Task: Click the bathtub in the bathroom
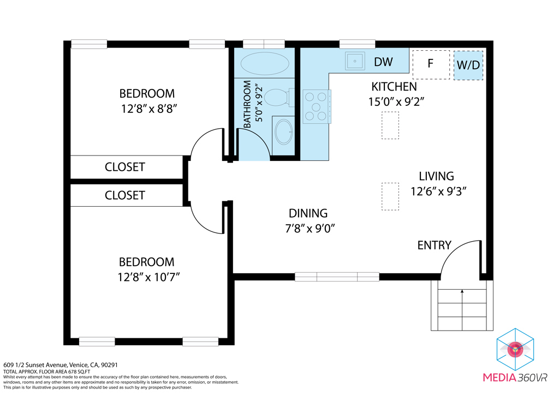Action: coord(265,64)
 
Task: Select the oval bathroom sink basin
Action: coord(284,132)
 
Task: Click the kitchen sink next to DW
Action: coord(355,61)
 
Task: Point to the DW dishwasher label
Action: coord(383,62)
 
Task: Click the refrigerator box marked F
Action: coord(431,64)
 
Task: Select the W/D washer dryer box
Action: coord(468,65)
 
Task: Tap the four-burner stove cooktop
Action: coord(317,106)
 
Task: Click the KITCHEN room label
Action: coord(394,87)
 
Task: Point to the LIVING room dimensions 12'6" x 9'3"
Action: coord(438,191)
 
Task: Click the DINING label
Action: coord(308,213)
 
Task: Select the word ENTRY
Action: coord(434,245)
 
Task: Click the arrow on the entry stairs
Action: coord(462,310)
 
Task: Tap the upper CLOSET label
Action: coord(125,167)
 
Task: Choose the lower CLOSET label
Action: coord(125,195)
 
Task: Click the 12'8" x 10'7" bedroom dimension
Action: coord(148,277)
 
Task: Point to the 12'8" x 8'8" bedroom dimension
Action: coord(149,109)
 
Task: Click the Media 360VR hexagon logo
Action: coord(515,349)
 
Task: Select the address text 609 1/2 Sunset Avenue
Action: coord(35,365)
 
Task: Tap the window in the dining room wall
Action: coord(337,277)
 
